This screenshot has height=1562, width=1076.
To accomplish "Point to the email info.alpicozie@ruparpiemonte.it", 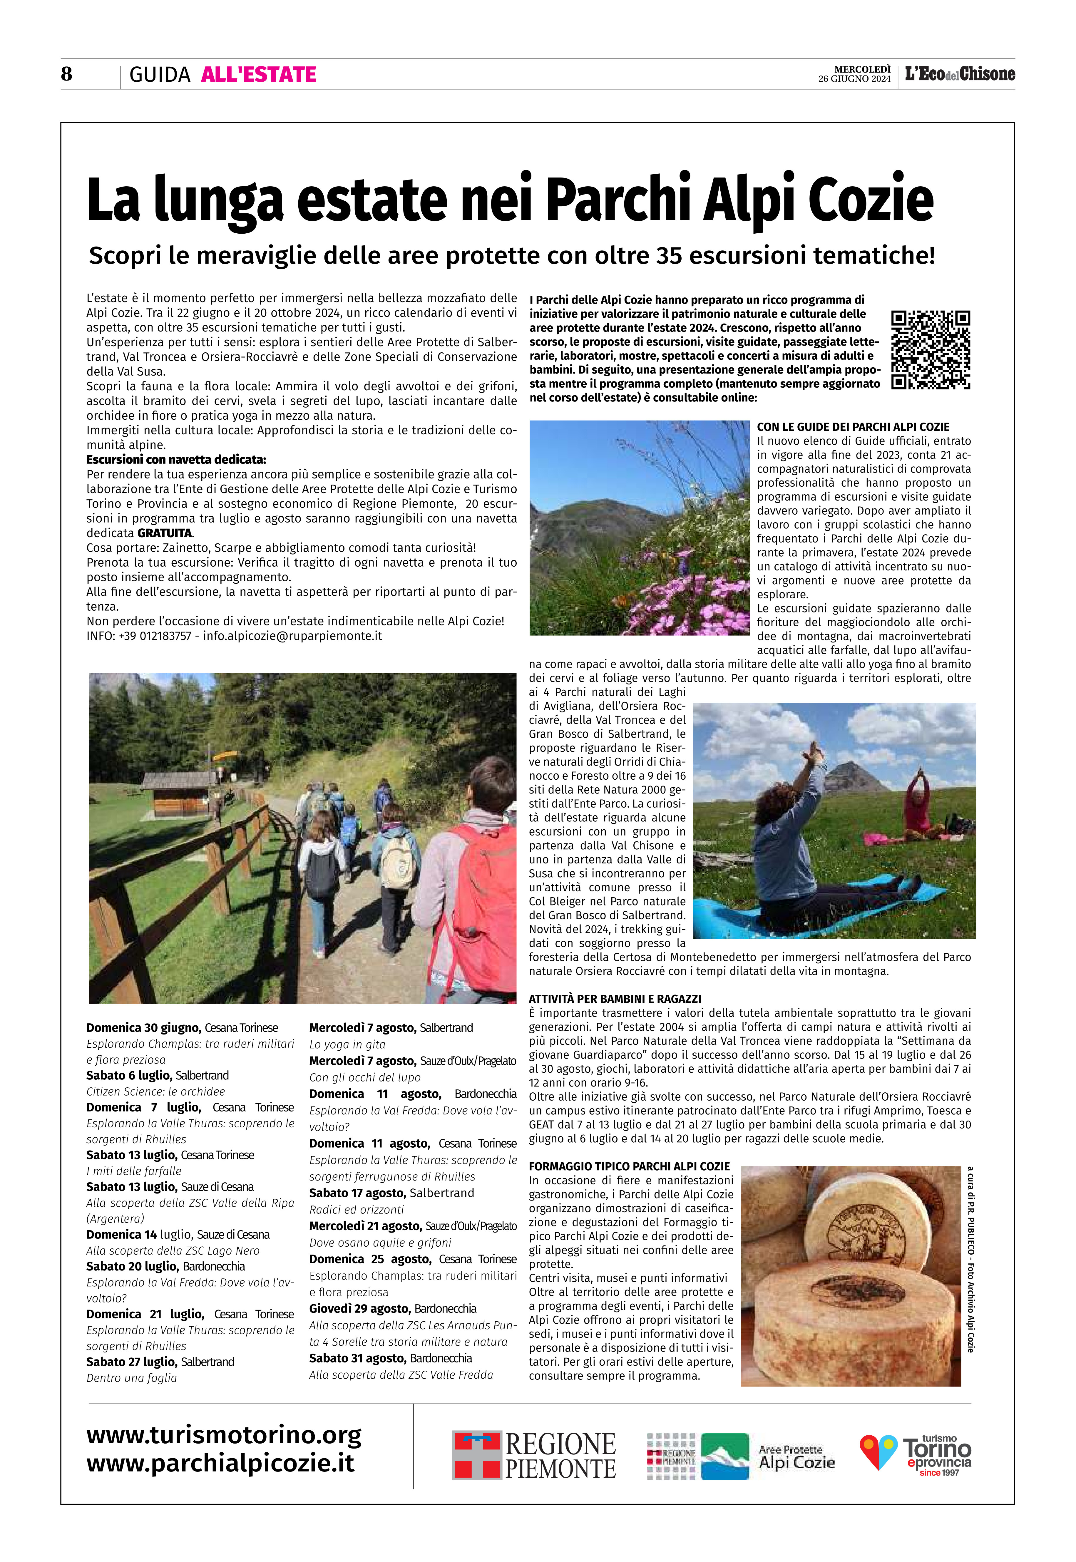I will (x=293, y=636).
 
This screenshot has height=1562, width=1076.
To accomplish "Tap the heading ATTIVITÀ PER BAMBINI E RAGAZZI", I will (x=615, y=998).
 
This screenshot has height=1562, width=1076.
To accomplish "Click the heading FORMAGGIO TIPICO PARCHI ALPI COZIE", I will (x=629, y=1166).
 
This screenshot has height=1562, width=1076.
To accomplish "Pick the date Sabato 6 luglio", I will (x=130, y=1075).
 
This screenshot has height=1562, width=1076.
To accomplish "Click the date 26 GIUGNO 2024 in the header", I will (x=854, y=79).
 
